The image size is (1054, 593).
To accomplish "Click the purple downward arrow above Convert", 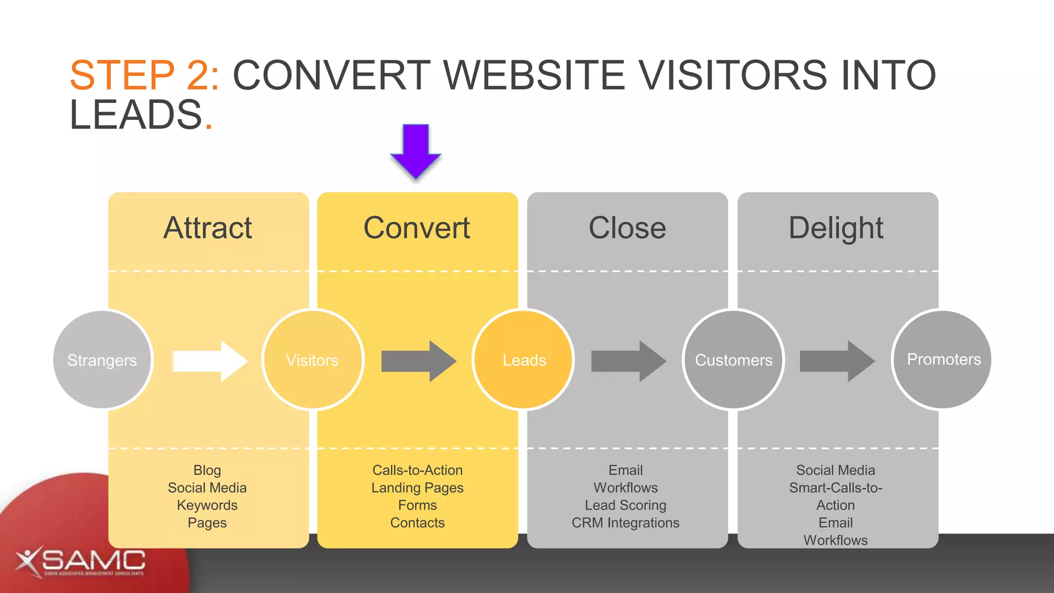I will [x=416, y=151].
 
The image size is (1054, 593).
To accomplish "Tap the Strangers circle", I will [x=102, y=360].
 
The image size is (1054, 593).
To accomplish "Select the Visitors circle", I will [x=312, y=360].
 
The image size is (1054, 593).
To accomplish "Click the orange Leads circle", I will [x=523, y=360].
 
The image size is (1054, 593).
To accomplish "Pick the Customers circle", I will [x=733, y=360].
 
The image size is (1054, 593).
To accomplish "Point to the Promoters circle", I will [x=943, y=359].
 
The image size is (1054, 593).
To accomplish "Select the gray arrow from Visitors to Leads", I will [x=418, y=361].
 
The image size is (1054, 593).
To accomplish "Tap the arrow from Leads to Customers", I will [x=628, y=361].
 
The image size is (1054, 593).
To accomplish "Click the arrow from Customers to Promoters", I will [x=837, y=361].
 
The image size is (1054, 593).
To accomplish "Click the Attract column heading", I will [x=208, y=228].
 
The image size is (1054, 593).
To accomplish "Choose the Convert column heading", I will [x=417, y=228].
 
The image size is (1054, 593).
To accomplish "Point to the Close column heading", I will [x=627, y=228].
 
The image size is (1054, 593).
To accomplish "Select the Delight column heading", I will [x=836, y=228].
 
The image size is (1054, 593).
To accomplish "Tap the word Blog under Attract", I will [x=207, y=470].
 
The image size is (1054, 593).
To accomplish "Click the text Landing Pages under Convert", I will [x=417, y=487].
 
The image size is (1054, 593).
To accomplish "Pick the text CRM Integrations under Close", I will [x=625, y=522].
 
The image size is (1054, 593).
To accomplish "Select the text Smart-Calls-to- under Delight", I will [x=835, y=487].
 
